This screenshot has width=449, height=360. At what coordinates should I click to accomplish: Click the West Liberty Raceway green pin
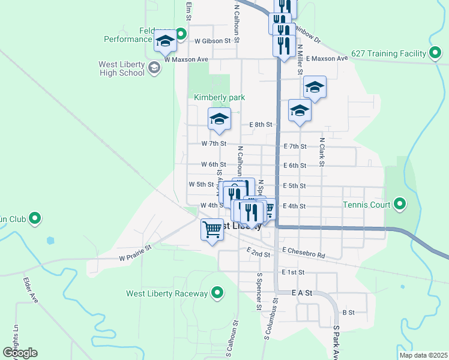(x=217, y=293)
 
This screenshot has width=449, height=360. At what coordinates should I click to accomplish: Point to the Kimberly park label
(x=219, y=97)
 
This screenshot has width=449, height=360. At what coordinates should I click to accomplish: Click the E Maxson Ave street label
(x=327, y=58)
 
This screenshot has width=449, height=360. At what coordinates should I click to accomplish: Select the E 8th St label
(x=261, y=125)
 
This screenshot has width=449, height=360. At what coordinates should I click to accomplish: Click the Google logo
(x=20, y=353)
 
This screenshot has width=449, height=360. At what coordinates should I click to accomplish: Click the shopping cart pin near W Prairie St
(x=212, y=230)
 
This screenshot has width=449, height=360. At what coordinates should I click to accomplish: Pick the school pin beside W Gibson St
(x=165, y=41)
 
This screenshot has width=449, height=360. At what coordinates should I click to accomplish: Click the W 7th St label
(x=214, y=143)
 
